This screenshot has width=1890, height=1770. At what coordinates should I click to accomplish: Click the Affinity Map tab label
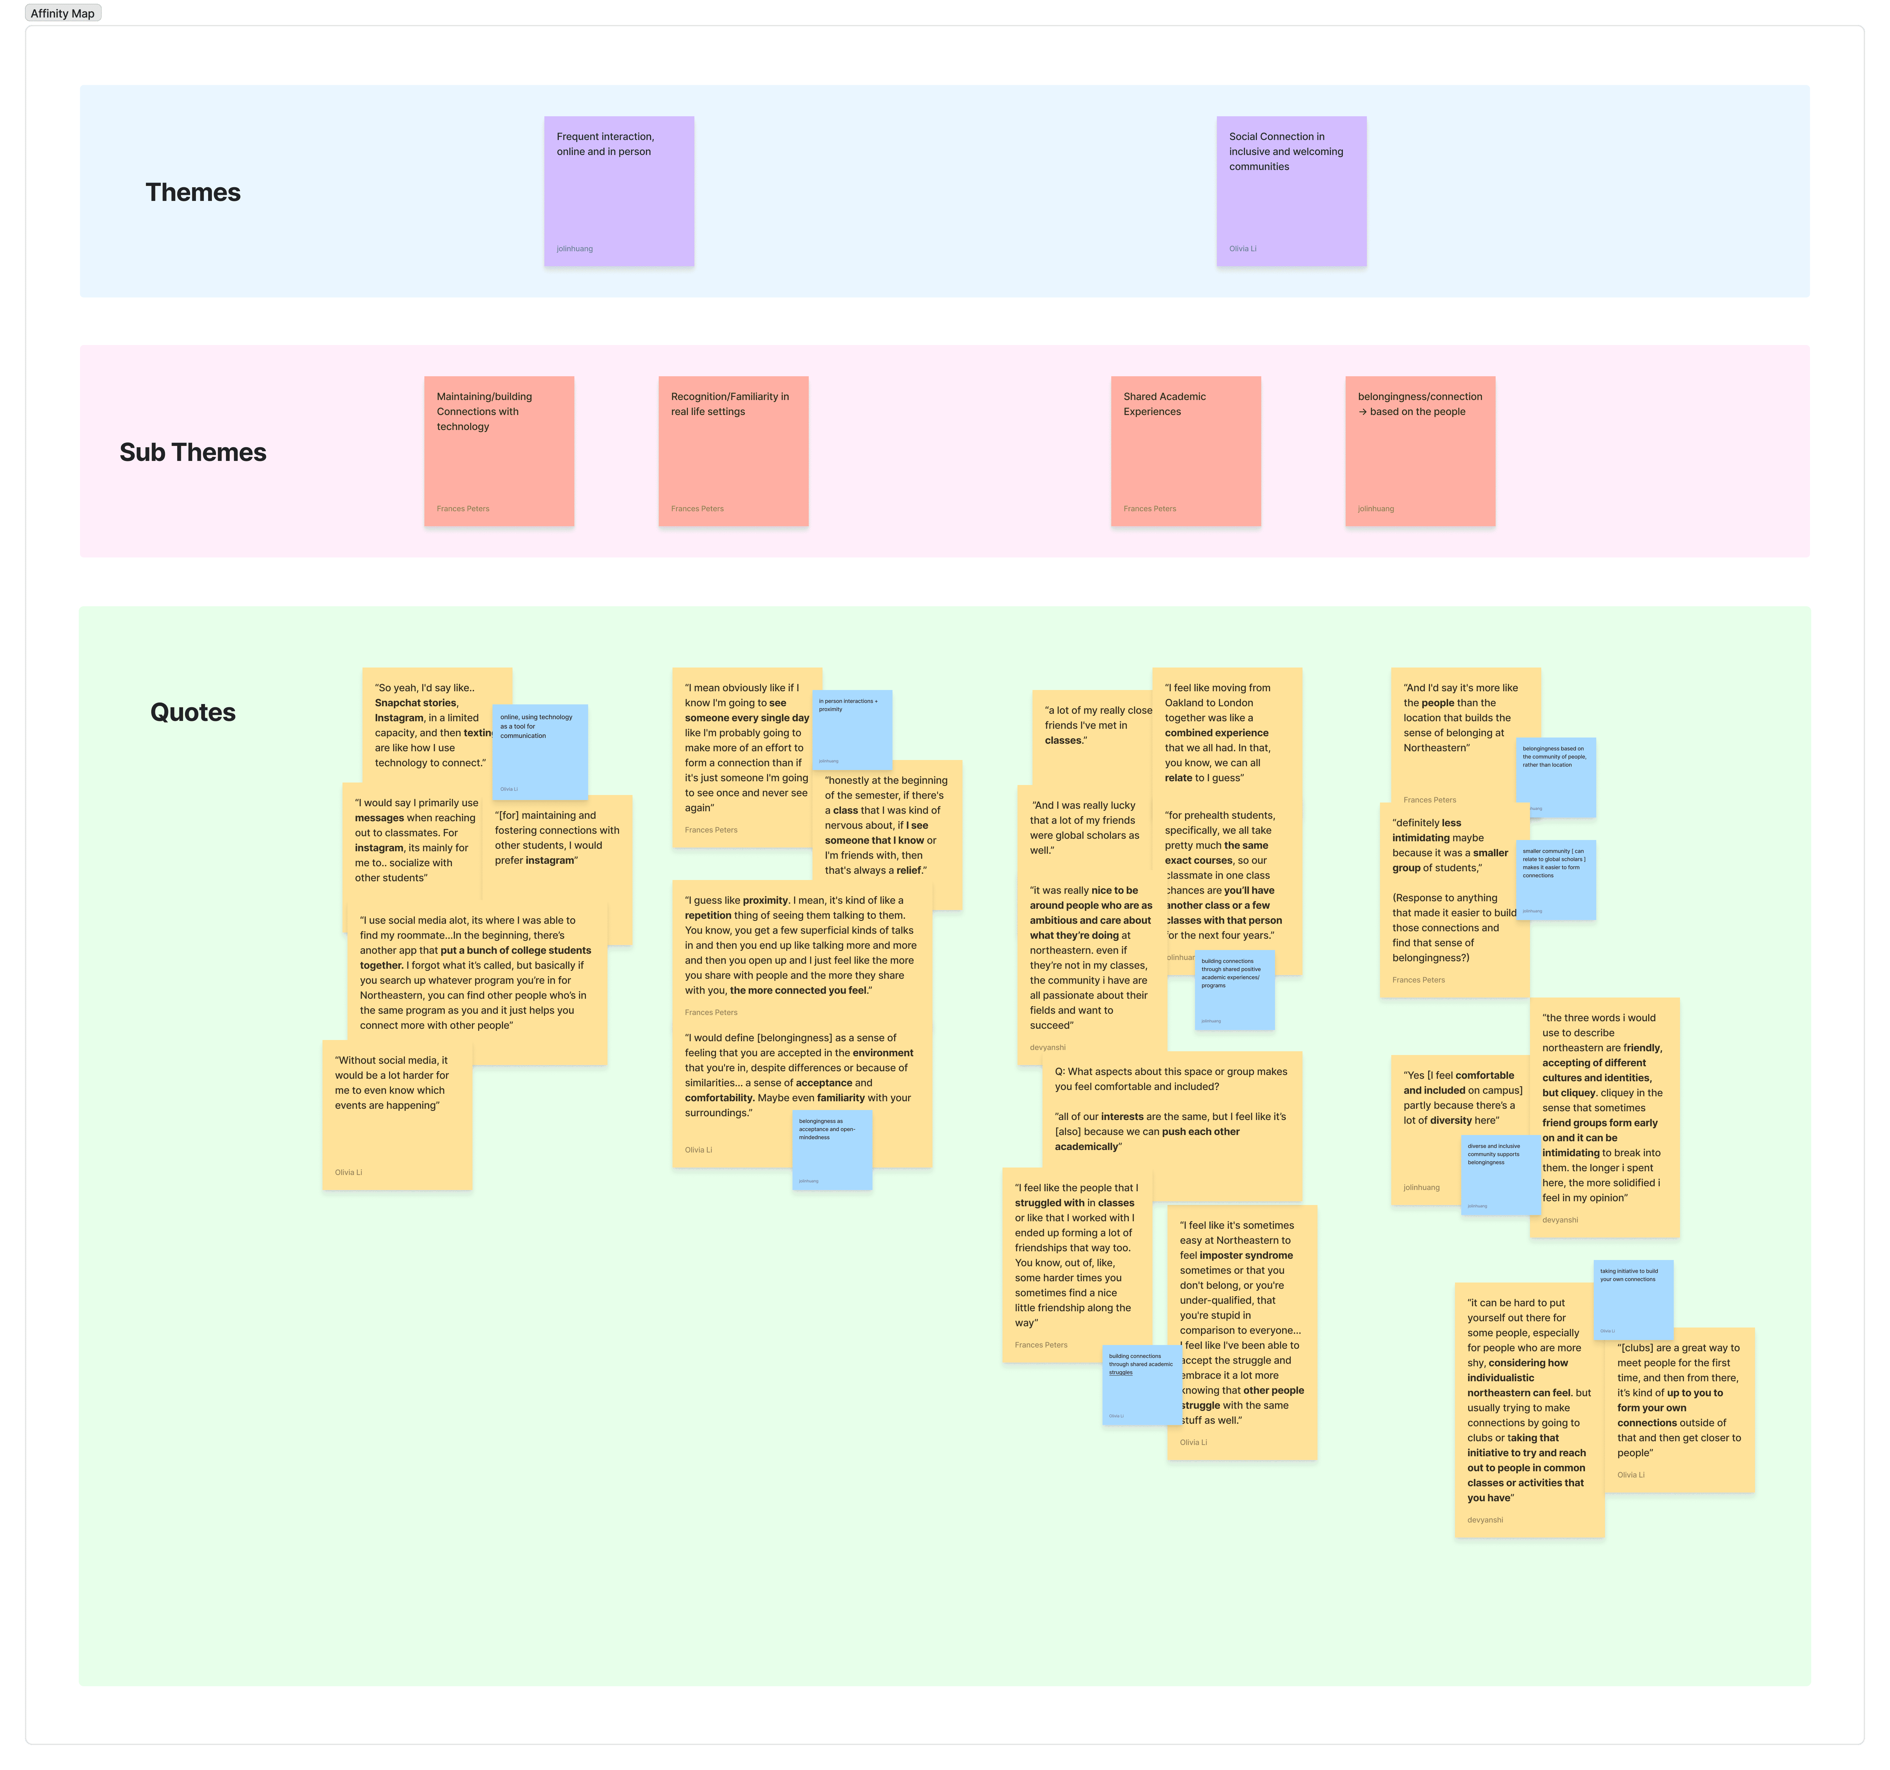(63, 13)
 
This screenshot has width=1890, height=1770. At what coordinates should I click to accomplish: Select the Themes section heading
(193, 192)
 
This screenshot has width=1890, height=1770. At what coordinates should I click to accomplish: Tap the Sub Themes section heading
(193, 452)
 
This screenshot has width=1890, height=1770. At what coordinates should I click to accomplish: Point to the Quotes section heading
(193, 712)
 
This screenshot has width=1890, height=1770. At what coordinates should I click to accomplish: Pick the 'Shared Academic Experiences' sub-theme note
(1186, 451)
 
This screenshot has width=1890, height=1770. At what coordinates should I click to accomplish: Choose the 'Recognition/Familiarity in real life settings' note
(733, 451)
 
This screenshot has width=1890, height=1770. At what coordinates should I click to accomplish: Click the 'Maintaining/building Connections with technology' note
(499, 451)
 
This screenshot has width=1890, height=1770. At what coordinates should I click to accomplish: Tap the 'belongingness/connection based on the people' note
(1419, 451)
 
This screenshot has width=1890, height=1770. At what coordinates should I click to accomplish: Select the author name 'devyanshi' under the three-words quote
(1560, 1220)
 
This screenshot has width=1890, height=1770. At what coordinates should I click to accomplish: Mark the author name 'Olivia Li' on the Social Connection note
(1242, 249)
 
